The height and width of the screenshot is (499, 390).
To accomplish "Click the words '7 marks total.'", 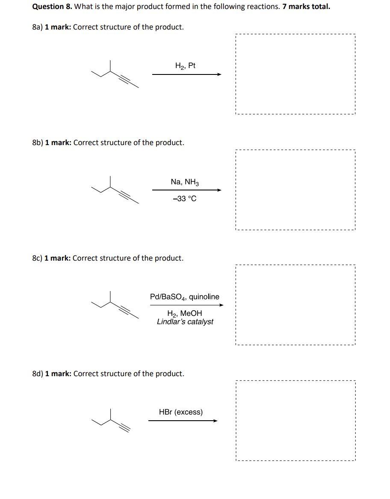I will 306,7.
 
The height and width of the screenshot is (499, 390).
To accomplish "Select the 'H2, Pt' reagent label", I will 185,66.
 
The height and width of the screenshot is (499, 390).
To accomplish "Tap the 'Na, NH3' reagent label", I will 185,182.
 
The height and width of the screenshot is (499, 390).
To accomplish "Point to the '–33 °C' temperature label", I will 185,199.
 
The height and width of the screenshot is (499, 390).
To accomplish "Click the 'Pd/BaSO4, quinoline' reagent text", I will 185,297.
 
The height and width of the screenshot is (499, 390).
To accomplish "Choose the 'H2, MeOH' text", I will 185,314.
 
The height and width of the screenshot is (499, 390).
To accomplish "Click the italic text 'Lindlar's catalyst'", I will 185,322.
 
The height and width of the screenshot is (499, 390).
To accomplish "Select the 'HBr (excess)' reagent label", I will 181,412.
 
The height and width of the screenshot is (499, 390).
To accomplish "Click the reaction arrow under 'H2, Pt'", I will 186,74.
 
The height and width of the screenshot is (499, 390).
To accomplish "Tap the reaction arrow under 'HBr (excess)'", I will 183,421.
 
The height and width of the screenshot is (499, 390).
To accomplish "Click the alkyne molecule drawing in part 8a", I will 115,74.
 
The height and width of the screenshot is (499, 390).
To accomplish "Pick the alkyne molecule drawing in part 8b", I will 115,190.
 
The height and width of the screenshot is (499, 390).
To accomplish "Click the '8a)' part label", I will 38,27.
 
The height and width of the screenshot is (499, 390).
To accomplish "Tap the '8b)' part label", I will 38,143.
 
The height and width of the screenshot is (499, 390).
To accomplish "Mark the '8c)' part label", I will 37,258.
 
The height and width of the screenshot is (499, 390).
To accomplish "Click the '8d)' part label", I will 38,374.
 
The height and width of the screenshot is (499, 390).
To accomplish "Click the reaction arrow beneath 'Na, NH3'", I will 186,190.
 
